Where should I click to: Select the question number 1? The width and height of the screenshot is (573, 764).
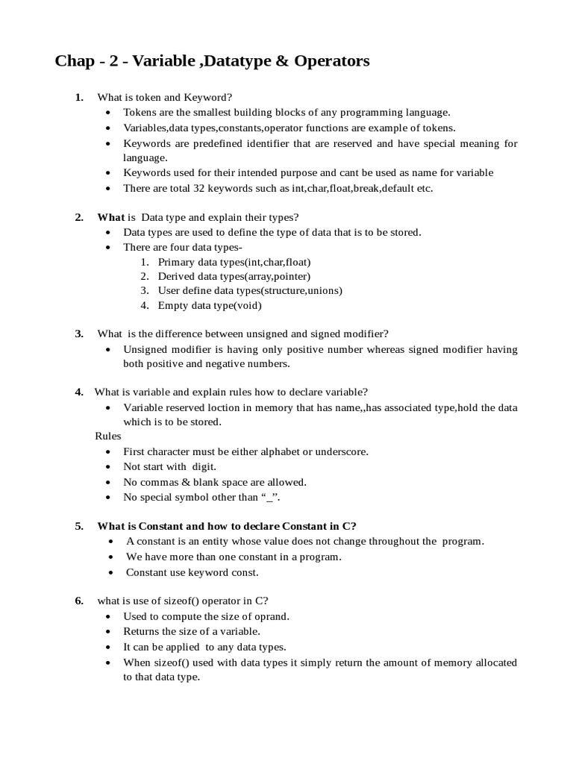click(78, 98)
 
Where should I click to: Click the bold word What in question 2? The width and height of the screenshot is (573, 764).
click(110, 217)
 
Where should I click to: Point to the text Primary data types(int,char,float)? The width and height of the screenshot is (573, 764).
click(234, 262)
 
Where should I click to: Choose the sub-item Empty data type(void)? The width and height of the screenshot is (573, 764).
click(210, 305)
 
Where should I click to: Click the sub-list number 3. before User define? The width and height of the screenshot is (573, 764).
click(145, 291)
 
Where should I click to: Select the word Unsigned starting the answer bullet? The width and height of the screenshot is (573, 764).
click(146, 349)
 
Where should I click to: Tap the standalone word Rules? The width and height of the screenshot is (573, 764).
click(107, 436)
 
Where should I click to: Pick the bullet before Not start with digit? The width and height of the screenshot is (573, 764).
click(109, 467)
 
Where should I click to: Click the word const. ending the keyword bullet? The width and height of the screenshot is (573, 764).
click(244, 572)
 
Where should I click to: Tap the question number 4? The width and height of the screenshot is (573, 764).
click(78, 392)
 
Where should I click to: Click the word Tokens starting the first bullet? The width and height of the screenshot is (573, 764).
click(140, 113)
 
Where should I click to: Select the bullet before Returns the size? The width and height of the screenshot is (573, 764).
click(109, 632)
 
